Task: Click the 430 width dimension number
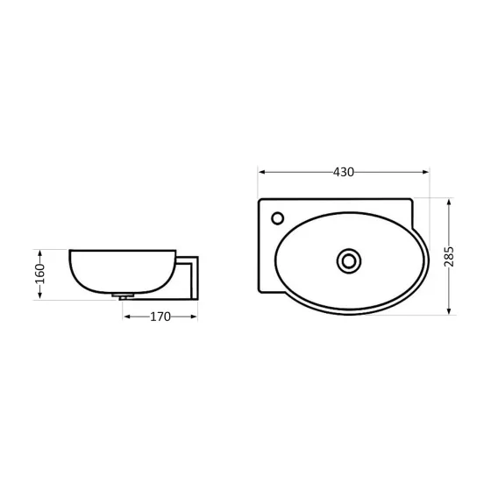[x=343, y=172]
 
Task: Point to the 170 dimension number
[x=160, y=317]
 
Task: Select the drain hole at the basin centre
[x=349, y=260]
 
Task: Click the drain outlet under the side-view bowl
[x=125, y=297]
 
